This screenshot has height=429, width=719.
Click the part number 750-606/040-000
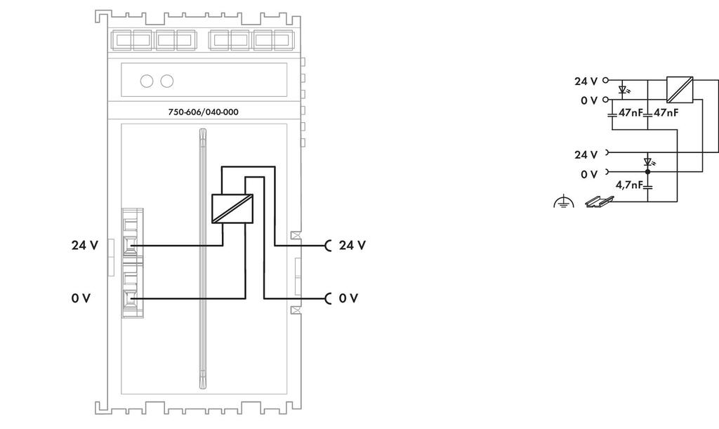(203, 112)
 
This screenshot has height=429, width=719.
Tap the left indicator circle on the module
(147, 81)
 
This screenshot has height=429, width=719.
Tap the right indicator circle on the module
(167, 81)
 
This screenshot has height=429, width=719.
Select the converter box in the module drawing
(232, 209)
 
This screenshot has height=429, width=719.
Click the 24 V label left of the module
(85, 245)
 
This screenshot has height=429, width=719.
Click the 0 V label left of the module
(81, 298)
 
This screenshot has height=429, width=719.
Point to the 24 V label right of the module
(352, 245)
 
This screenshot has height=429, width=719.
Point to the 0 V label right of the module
(348, 298)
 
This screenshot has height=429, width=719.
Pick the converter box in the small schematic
(680, 90)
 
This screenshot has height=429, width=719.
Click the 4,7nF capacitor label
(629, 185)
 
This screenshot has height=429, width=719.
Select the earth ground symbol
(564, 202)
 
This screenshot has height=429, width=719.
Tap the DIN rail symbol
(600, 202)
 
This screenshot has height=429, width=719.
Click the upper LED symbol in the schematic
(624, 90)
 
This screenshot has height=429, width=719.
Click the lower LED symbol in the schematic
(648, 161)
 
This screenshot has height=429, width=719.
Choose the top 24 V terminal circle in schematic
(605, 80)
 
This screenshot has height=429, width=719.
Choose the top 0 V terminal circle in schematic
(605, 100)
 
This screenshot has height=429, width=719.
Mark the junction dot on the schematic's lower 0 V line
(648, 172)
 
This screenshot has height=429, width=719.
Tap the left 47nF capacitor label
(631, 112)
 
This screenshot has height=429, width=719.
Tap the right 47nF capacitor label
(666, 112)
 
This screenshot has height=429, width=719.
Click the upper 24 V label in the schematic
(586, 81)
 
